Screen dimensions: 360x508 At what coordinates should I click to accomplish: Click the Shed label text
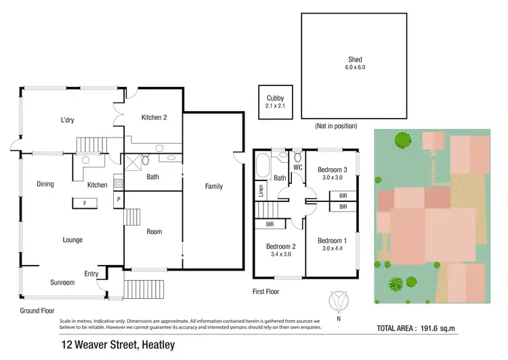coord(356,59)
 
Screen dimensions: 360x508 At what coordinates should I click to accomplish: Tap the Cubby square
coord(274,102)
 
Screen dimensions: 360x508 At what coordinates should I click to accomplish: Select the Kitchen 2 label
coord(154,117)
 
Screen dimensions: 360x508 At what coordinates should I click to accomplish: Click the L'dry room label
coord(67,120)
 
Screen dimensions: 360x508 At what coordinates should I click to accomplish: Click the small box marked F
coord(85,202)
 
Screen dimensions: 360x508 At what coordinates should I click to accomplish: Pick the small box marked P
coord(119,199)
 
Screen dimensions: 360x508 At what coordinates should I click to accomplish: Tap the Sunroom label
coord(62,282)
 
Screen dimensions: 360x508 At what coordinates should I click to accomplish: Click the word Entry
coord(91,274)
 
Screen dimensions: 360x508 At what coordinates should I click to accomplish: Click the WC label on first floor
coord(297,167)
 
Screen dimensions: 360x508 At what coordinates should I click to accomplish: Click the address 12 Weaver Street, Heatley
coord(117,345)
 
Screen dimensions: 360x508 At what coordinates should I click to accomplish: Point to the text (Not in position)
coord(336,126)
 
